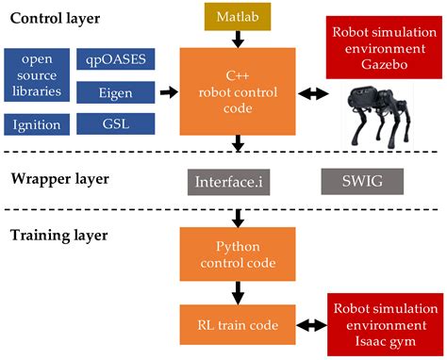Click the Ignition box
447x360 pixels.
[36, 123]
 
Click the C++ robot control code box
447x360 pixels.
[238, 92]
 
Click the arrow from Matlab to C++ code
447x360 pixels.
[238, 40]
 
